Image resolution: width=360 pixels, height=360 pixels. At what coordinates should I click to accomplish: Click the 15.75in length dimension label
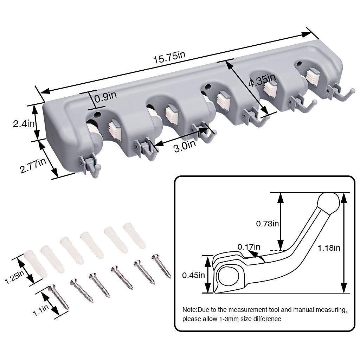[x=169, y=57]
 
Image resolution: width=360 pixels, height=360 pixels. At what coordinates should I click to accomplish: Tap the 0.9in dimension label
[x=105, y=97]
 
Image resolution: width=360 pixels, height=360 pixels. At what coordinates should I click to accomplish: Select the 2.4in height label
[x=24, y=124]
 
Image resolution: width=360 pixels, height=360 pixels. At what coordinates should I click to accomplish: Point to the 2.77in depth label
[x=33, y=165]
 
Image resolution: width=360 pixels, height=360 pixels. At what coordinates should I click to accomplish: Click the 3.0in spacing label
[x=185, y=146]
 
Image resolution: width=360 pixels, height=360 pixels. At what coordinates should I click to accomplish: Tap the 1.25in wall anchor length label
[x=14, y=277]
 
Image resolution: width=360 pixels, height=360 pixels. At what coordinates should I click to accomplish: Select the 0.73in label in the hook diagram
[x=267, y=223]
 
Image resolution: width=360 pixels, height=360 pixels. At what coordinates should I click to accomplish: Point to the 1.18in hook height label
[x=329, y=248]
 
